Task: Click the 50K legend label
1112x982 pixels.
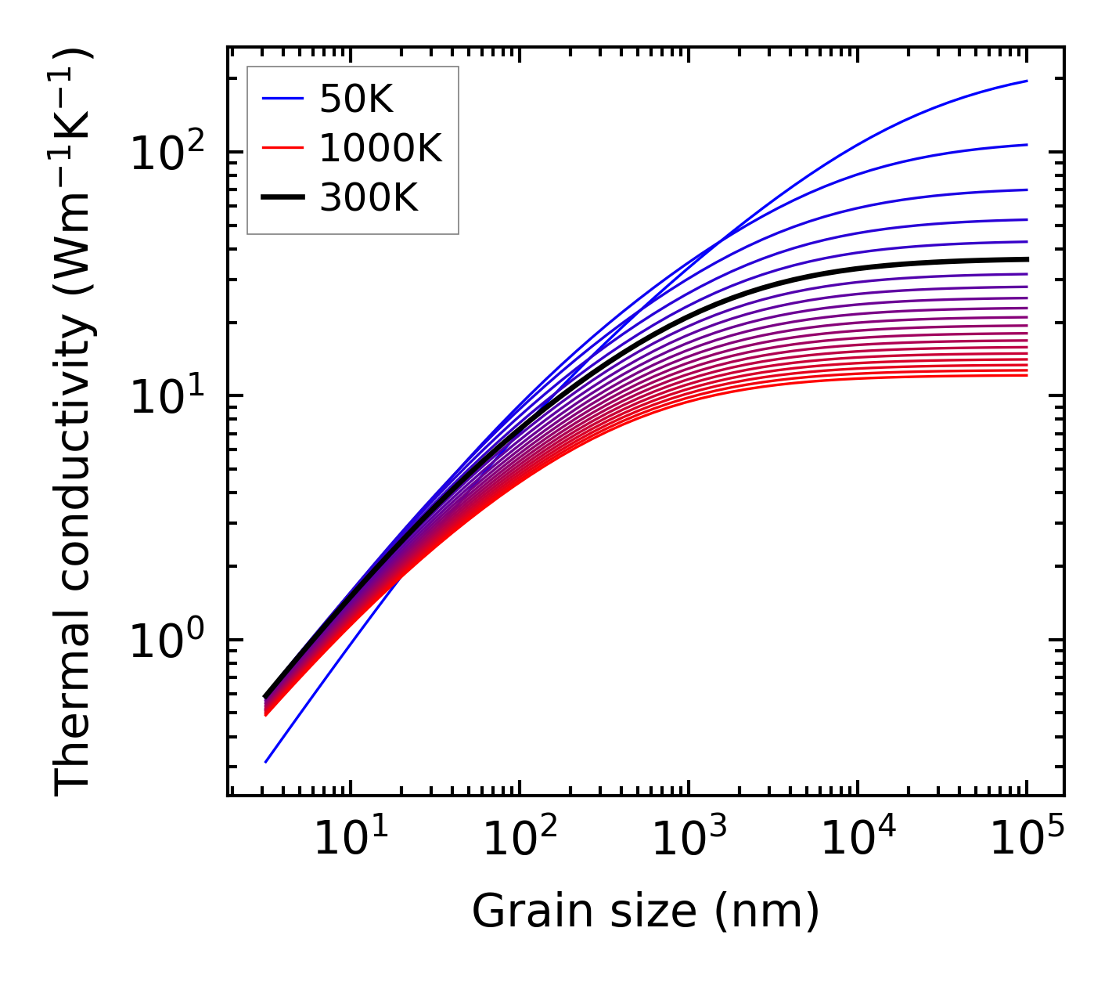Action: [x=356, y=99]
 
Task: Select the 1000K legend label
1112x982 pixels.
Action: [x=380, y=149]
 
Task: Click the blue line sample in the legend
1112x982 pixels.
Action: [x=282, y=99]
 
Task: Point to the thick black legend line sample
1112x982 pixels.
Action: [x=282, y=198]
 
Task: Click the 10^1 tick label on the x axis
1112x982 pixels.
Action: [x=349, y=840]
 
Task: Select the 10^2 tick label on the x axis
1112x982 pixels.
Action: [x=519, y=840]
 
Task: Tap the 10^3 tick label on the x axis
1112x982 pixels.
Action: [x=688, y=840]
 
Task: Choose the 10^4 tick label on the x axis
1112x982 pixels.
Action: [x=858, y=840]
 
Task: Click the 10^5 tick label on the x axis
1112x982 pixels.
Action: [x=1027, y=840]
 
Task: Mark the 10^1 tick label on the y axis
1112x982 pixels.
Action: [x=166, y=397]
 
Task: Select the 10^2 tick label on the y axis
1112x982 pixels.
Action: [x=166, y=153]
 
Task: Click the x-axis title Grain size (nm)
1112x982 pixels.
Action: [x=646, y=912]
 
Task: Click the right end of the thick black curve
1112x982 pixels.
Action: [x=1027, y=259]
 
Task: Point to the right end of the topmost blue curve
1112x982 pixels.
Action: [x=1027, y=81]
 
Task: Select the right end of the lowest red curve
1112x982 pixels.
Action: [x=1027, y=375]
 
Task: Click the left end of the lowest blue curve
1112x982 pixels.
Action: [x=266, y=762]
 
